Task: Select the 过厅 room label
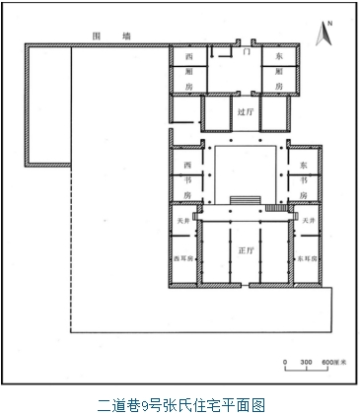tap(246, 112)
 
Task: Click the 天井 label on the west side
tap(180, 221)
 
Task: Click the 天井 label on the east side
tap(308, 221)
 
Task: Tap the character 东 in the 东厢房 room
tap(278, 56)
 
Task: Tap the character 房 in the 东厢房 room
tap(278, 87)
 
